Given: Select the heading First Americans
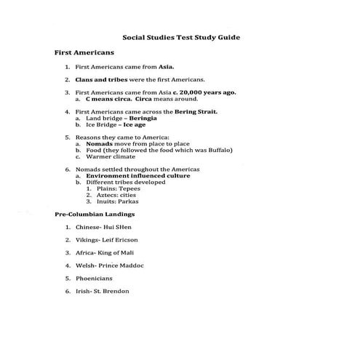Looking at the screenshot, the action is [x=84, y=53].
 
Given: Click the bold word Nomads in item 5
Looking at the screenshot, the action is [x=98, y=143].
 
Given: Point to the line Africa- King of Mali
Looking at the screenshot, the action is [x=106, y=252].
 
